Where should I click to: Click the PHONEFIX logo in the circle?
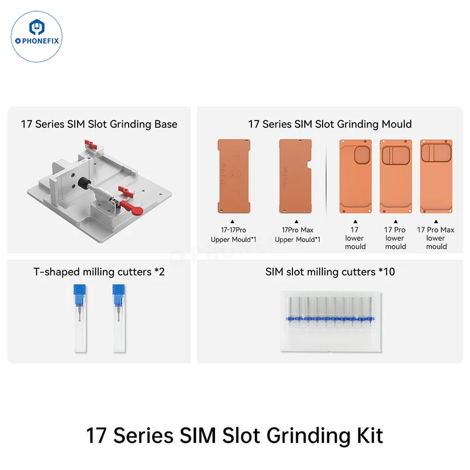point(36,36)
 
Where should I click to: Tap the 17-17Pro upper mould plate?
point(234,176)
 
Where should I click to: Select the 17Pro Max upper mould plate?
point(296,176)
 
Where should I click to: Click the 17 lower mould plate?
point(355,177)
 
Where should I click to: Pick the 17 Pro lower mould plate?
point(395,177)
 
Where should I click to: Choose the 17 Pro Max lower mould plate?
point(436,177)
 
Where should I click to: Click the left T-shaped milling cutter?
point(80,318)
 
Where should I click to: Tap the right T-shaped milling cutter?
point(119,318)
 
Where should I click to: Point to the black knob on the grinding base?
point(83,183)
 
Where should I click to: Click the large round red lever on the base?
point(132,208)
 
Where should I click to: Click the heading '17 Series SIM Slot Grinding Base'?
point(99,124)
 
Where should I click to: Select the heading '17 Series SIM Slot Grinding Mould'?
point(330,124)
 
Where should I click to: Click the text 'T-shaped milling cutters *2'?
point(99,272)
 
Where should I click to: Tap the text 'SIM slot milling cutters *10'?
point(330,272)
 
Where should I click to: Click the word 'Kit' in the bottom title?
point(370,435)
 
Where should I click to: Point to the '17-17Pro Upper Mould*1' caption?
point(233,234)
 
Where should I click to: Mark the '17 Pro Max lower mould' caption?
point(436,238)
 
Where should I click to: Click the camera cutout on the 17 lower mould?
point(362,155)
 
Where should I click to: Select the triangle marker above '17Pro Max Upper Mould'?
point(297,221)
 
